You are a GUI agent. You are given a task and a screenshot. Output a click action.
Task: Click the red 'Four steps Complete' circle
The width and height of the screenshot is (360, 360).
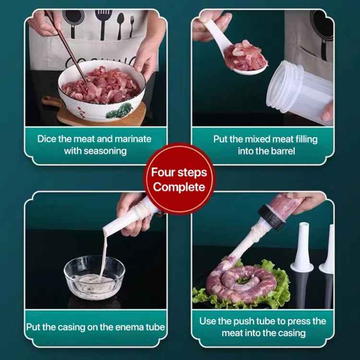pos(180,179)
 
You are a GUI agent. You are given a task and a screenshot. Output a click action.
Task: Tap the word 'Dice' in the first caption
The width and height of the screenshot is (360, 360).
pos(47,139)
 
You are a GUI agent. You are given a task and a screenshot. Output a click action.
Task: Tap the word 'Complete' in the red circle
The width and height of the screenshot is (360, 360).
pos(179,187)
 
